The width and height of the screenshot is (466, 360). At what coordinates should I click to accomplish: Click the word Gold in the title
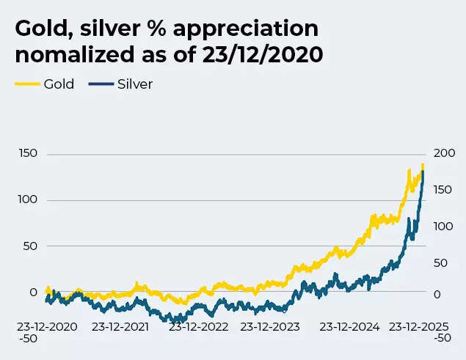[x=39, y=30]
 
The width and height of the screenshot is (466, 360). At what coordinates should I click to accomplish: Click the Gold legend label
[x=59, y=84]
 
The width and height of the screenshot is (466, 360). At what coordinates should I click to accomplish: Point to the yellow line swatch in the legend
[x=27, y=84]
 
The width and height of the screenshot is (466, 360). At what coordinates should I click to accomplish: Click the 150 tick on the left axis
[x=27, y=153]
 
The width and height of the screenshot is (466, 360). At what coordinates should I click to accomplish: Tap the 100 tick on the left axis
[x=27, y=199]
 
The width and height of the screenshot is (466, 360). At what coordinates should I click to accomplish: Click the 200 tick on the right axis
[x=445, y=153]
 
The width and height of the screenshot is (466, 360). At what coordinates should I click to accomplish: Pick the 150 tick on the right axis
[x=443, y=190]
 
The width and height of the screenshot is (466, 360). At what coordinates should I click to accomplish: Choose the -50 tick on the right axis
[x=442, y=338]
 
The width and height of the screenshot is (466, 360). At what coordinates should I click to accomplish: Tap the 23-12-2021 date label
[x=120, y=326]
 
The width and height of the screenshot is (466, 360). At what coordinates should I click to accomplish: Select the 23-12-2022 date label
[x=197, y=326]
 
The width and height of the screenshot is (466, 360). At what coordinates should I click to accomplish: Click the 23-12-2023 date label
[x=270, y=326]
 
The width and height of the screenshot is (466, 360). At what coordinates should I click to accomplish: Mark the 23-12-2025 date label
[x=418, y=326]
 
